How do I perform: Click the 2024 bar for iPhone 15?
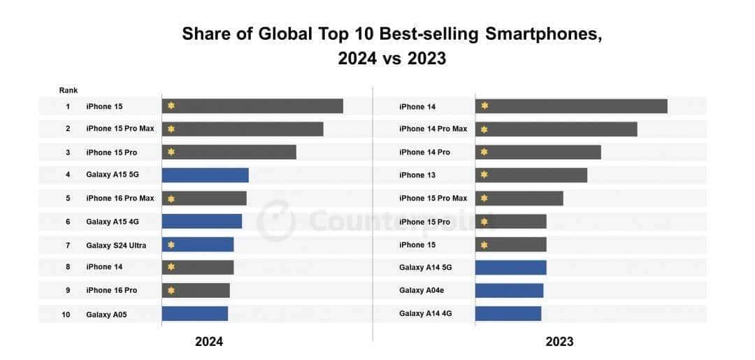click(x=252, y=106)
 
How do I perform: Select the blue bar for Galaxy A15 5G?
click(x=206, y=175)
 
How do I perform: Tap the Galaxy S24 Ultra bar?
click(x=198, y=245)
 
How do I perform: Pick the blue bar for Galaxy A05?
click(x=195, y=314)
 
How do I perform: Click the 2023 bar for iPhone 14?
click(x=571, y=106)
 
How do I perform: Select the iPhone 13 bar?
click(x=531, y=175)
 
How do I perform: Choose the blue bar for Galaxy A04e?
click(x=509, y=290)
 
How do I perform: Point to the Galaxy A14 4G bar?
click(x=508, y=314)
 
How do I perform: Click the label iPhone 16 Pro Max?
click(x=120, y=199)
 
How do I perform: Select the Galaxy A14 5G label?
click(x=426, y=267)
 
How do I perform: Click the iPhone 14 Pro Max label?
click(x=433, y=129)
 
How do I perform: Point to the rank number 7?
click(x=68, y=245)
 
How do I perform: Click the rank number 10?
click(x=66, y=315)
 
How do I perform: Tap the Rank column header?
click(x=69, y=90)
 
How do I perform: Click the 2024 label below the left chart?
click(x=209, y=342)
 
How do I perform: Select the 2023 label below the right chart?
click(x=559, y=342)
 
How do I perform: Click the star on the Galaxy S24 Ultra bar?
click(x=171, y=245)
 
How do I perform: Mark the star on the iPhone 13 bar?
click(x=484, y=175)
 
